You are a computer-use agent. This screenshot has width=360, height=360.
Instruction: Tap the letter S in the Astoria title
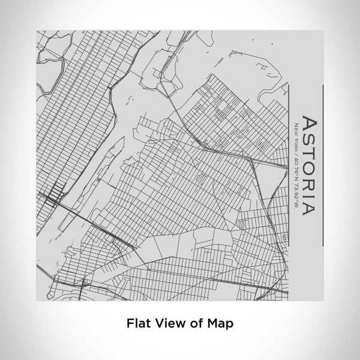(308, 136)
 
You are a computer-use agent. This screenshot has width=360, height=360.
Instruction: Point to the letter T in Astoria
(308, 149)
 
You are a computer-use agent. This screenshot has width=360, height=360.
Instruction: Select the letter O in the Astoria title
(308, 163)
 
